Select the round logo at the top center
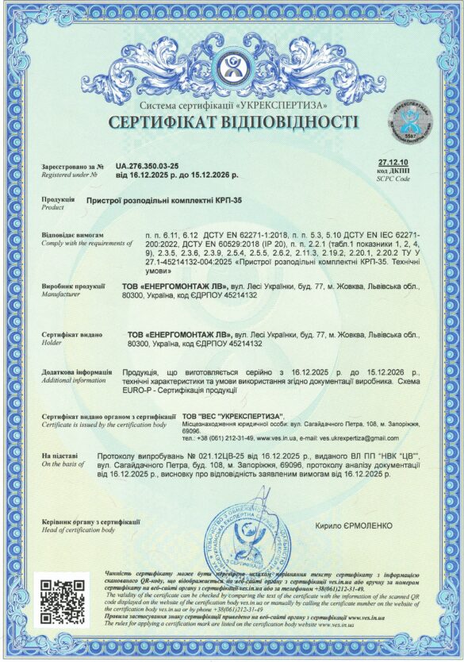232,67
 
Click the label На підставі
59,456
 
